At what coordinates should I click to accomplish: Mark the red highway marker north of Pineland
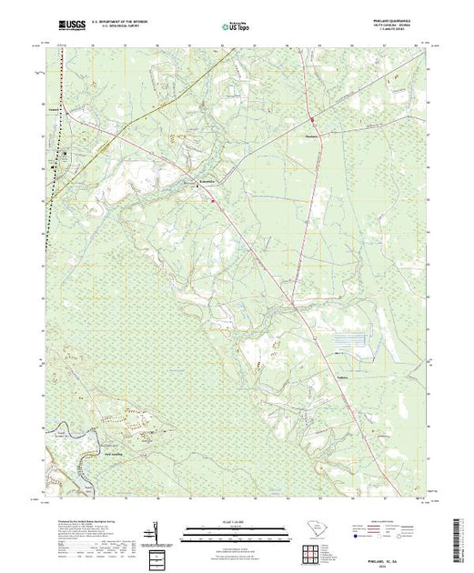pos(312,119)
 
